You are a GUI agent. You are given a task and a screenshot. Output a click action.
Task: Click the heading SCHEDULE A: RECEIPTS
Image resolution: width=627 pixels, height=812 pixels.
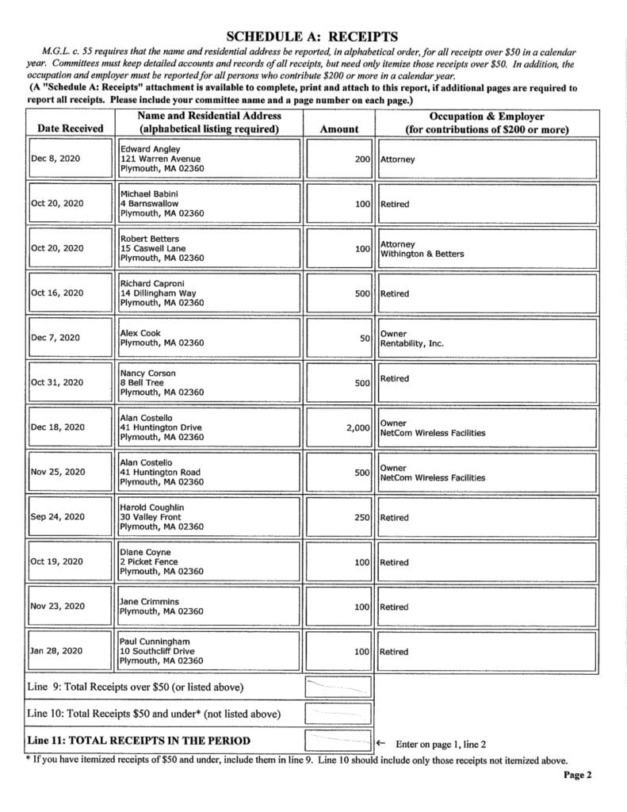coord(312,36)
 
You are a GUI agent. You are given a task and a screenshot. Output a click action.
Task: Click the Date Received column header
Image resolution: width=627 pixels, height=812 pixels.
coord(70,128)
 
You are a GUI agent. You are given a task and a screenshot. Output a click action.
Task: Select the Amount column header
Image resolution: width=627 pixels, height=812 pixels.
coord(338,128)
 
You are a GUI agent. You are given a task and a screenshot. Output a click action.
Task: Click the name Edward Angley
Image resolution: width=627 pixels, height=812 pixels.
coord(151,149)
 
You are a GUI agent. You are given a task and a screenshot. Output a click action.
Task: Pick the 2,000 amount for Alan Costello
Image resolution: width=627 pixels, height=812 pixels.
coord(358,427)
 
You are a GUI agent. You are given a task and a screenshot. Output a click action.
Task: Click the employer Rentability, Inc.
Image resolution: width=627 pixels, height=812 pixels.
coord(412,343)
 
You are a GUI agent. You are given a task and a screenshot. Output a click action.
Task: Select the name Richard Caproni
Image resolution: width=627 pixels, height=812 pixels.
coord(153,283)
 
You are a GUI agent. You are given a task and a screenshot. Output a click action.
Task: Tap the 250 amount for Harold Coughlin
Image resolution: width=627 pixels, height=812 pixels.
coord(362,517)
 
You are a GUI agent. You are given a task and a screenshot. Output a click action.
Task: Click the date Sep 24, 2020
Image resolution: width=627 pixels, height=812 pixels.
coord(57,517)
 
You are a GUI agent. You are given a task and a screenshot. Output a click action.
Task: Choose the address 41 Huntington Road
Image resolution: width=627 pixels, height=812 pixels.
coord(160,472)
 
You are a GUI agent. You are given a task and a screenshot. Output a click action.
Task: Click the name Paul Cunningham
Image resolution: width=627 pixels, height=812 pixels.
coord(155,642)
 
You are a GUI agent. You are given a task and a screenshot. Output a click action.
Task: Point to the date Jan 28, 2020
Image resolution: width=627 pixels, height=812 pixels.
coord(56,651)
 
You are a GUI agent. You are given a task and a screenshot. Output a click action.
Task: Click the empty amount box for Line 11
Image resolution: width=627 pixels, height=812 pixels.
coord(338,741)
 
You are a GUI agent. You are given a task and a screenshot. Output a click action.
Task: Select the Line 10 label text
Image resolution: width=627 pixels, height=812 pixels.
coord(154,714)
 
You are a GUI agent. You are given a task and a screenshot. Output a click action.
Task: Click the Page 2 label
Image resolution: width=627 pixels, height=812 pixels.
coord(578,775)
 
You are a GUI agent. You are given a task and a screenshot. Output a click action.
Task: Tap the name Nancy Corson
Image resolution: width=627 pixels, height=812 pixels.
coord(148,373)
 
